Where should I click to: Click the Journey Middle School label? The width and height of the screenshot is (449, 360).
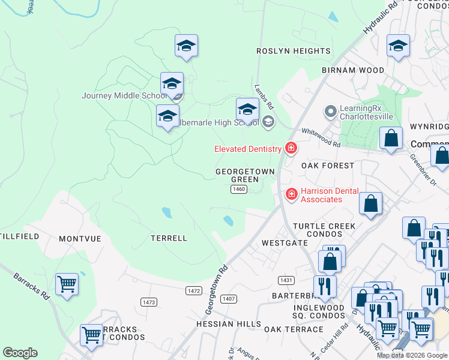[x=124, y=95]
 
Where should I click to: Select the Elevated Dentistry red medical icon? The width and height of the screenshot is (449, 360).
[x=291, y=148]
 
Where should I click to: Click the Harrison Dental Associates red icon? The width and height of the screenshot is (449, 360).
[x=291, y=194]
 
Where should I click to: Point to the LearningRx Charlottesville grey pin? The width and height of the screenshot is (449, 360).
[x=330, y=111]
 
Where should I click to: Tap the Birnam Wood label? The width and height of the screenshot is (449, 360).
[x=353, y=70]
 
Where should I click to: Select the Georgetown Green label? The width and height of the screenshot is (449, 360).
[x=245, y=175]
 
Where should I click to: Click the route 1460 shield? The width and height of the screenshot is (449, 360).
[x=239, y=189]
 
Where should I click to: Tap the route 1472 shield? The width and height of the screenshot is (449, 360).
[x=193, y=290]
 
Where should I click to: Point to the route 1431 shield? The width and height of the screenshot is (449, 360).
[x=286, y=280]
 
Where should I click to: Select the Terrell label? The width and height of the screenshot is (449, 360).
[x=169, y=238]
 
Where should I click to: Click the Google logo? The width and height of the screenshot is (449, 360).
[x=20, y=353]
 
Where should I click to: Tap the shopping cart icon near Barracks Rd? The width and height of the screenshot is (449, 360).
[x=67, y=283]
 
